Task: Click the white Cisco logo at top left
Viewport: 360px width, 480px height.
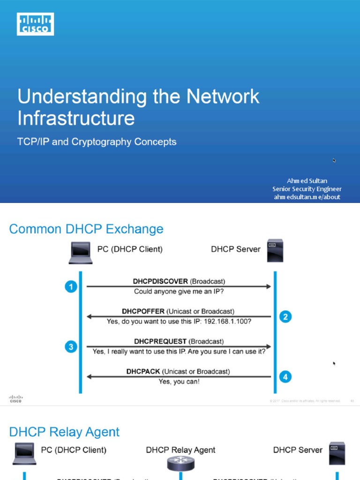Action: pos(36,24)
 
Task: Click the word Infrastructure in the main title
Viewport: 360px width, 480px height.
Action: pos(76,118)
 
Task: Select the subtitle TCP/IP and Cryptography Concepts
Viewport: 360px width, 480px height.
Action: pos(97,142)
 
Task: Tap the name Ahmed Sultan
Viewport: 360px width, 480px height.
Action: pos(307,180)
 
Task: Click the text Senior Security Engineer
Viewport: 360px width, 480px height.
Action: pos(307,189)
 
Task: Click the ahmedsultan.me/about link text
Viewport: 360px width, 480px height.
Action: pos(307,197)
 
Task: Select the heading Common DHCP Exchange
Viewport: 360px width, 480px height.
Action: pos(86,229)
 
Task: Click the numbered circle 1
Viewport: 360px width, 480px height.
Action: pos(71,286)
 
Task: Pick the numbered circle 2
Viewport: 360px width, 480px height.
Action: pos(285,317)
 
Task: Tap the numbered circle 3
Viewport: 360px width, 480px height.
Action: pos(71,347)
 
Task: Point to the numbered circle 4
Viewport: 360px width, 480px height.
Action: pos(285,376)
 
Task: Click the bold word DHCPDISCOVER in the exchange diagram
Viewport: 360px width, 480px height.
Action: pos(161,282)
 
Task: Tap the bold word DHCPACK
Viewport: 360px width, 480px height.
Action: pos(144,371)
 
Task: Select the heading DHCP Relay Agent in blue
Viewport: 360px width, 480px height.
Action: pos(64,432)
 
